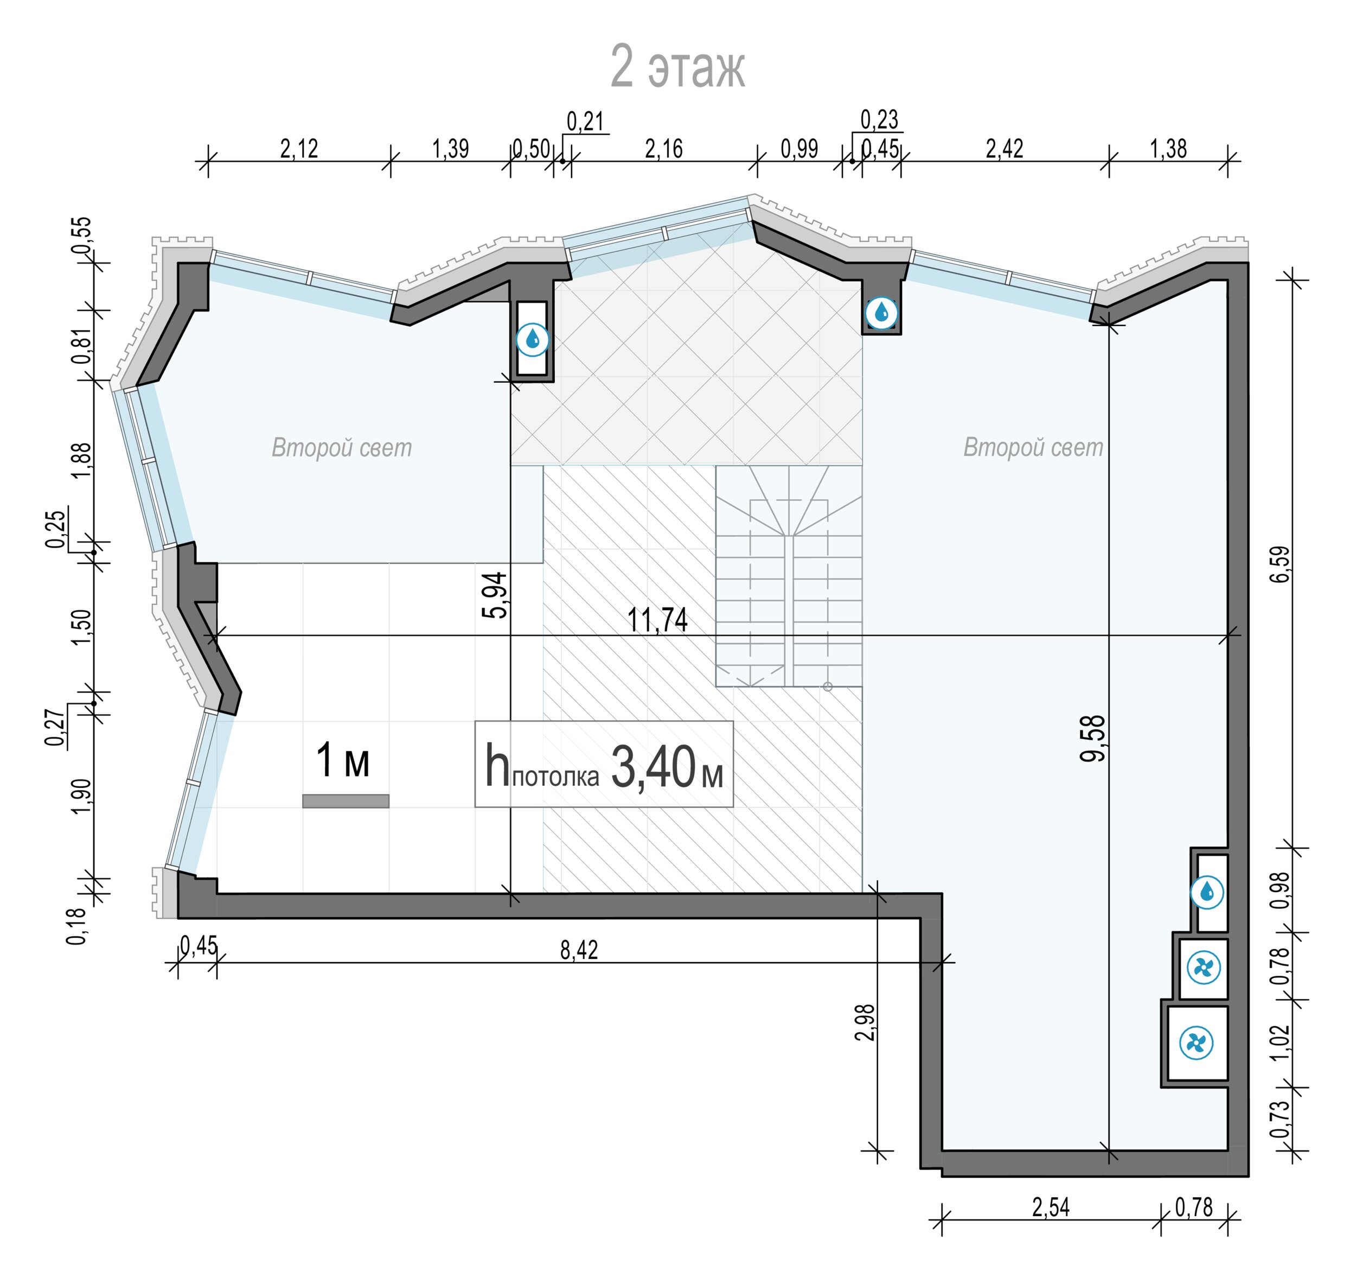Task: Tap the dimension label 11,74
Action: pyautogui.click(x=657, y=620)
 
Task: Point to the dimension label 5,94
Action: pyautogui.click(x=495, y=595)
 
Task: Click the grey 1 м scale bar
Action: pyautogui.click(x=346, y=801)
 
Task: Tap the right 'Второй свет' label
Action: pyautogui.click(x=1033, y=447)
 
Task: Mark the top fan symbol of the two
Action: pyautogui.click(x=1204, y=968)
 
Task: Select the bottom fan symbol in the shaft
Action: pyautogui.click(x=1197, y=1043)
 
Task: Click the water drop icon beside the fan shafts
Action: pyautogui.click(x=1207, y=893)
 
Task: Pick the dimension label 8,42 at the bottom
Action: pyautogui.click(x=579, y=950)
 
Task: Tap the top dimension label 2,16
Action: pyautogui.click(x=664, y=149)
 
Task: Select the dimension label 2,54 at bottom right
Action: pyautogui.click(x=1051, y=1207)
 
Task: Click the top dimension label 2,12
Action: pyautogui.click(x=299, y=149)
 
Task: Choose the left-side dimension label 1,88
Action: pyautogui.click(x=81, y=461)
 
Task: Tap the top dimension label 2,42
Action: pyautogui.click(x=1005, y=149)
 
